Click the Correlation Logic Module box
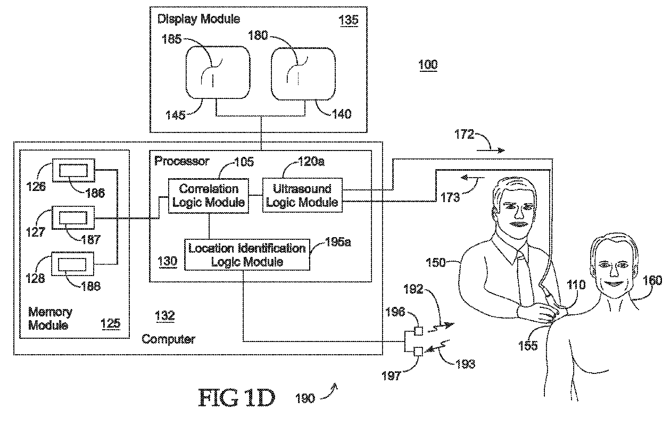click(x=209, y=196)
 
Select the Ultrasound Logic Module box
click(x=303, y=195)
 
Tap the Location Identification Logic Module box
click(x=247, y=255)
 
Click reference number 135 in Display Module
click(x=349, y=20)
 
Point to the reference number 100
click(x=428, y=65)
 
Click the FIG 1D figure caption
click(x=237, y=398)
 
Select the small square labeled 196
click(x=418, y=331)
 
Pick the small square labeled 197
click(x=418, y=352)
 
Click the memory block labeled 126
click(x=73, y=170)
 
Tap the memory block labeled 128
click(x=73, y=264)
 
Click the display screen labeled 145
click(x=218, y=72)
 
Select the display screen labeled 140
click(x=303, y=73)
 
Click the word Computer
click(x=169, y=339)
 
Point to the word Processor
click(x=181, y=161)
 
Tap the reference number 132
click(x=165, y=316)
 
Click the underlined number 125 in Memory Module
click(x=111, y=324)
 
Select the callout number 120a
click(x=311, y=162)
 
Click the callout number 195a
click(x=338, y=242)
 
